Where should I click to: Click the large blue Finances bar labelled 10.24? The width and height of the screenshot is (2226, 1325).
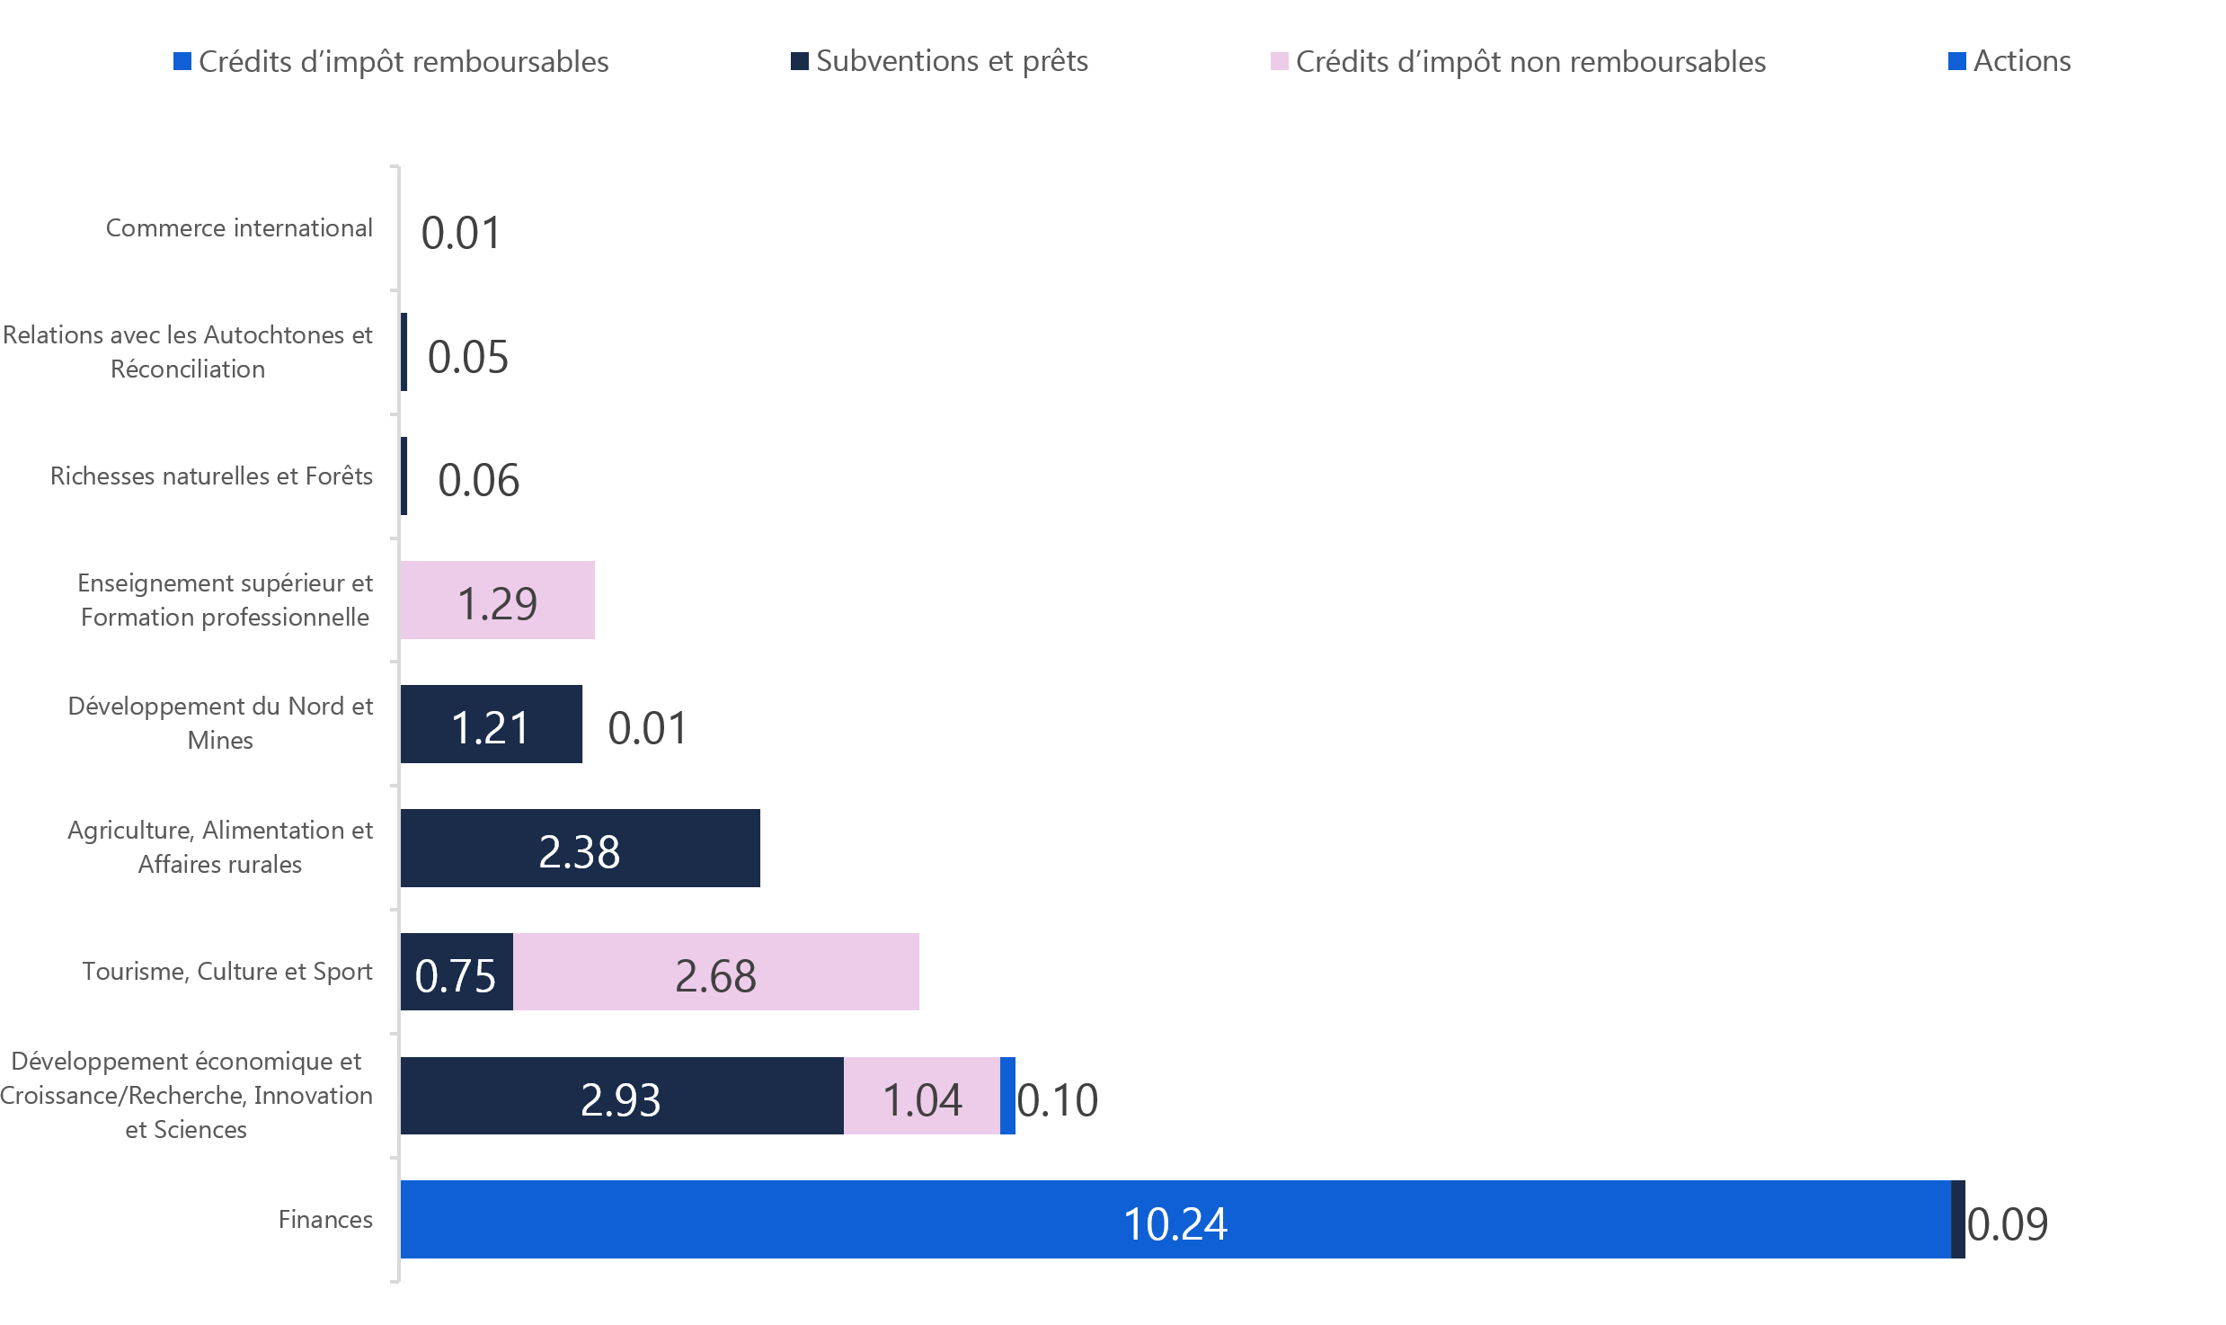(x=1175, y=1220)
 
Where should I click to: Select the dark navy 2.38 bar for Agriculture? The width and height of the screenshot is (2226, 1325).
(x=580, y=848)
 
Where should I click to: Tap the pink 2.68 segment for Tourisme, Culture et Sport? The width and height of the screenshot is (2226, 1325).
(x=715, y=972)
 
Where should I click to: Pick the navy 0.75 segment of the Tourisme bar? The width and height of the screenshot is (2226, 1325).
(x=457, y=972)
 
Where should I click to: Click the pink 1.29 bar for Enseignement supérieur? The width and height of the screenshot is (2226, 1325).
(x=497, y=600)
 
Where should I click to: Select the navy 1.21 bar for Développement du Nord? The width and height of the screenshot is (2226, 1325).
(x=491, y=725)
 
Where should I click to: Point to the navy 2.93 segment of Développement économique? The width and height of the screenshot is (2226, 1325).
(x=621, y=1096)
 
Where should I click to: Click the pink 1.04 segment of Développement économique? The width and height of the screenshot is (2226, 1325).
(x=922, y=1096)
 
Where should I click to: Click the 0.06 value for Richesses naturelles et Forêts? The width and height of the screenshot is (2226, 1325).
(x=479, y=480)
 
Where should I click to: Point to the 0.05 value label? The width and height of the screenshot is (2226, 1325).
(x=468, y=357)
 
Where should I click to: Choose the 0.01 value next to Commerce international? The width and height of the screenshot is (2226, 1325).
(x=461, y=233)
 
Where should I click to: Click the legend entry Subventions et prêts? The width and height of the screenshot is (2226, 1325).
(x=952, y=61)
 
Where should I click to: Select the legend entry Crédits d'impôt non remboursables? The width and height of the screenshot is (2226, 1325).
(x=1530, y=62)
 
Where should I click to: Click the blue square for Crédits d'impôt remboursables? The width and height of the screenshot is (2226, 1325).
(x=182, y=61)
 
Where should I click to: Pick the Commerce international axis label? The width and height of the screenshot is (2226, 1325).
(x=239, y=228)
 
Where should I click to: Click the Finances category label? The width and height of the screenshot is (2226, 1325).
(x=325, y=1220)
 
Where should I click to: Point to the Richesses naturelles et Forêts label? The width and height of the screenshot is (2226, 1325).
(x=211, y=476)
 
